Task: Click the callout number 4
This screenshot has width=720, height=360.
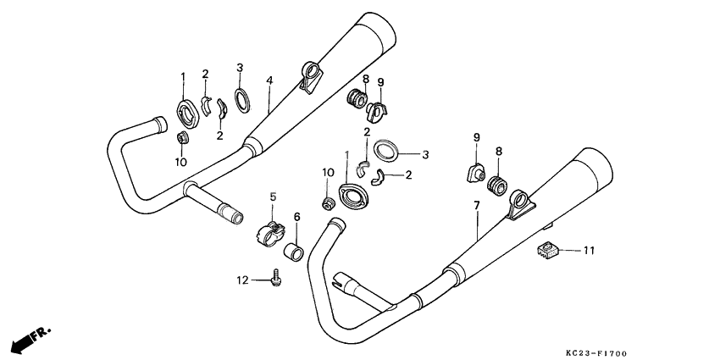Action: pos(269,81)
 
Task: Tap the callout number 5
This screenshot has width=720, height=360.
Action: pos(273,197)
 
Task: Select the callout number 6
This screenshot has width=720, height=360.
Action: pos(296,217)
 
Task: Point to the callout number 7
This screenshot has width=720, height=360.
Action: pos(477,206)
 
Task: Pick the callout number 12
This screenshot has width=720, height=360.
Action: pos(241,280)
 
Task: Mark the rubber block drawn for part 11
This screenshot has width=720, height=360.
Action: pos(547,250)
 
